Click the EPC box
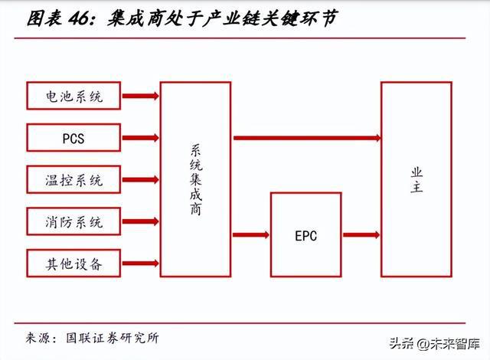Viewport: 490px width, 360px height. pos(305,236)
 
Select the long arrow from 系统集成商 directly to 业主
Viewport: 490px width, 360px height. pos(306,138)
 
